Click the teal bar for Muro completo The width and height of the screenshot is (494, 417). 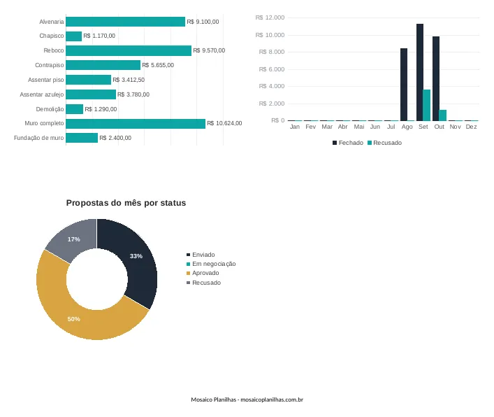[136, 124]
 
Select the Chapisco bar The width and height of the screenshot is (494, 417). [74, 36]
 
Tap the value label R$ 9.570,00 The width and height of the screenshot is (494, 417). [209, 50]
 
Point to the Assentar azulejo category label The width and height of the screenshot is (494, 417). [42, 94]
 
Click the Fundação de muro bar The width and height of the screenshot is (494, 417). [82, 138]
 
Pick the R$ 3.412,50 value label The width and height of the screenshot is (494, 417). [129, 80]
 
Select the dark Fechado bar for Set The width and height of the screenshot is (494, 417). [420, 72]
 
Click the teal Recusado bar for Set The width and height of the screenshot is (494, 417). [427, 105]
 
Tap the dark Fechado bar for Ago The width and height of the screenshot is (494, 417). [404, 85]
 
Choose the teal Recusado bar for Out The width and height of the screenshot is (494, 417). [443, 115]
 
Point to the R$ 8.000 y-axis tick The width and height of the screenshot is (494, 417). [272, 52]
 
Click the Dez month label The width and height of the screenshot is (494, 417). [471, 127]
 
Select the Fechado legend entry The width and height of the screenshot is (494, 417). [348, 143]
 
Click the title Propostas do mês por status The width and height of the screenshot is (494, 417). [126, 203]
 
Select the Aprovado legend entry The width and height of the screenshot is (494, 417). [203, 273]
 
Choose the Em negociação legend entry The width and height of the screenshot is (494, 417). [211, 264]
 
